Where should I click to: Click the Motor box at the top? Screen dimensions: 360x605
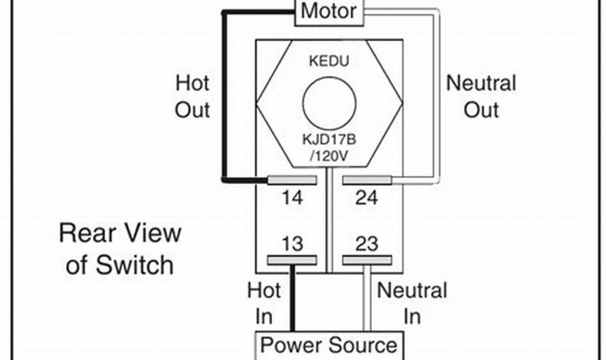[x=329, y=11]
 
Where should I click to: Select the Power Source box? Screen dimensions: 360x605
[x=329, y=345]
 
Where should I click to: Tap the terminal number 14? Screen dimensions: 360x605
[x=292, y=198]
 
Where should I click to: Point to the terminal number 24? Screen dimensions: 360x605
[x=366, y=198]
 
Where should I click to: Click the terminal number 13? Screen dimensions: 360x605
[x=292, y=244]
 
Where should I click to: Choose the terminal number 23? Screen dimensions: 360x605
[x=367, y=244]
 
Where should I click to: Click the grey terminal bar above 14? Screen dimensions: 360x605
[x=293, y=180]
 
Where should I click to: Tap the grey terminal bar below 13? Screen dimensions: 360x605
[x=292, y=260]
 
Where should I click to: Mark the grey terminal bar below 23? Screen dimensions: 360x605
[x=367, y=260]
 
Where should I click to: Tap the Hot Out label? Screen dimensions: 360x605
[x=193, y=96]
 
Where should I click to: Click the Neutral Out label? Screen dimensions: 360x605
[x=481, y=96]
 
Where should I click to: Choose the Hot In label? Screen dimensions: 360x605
[x=264, y=303]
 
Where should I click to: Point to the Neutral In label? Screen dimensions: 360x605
[x=412, y=303]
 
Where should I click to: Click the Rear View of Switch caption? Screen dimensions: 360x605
[x=120, y=248]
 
